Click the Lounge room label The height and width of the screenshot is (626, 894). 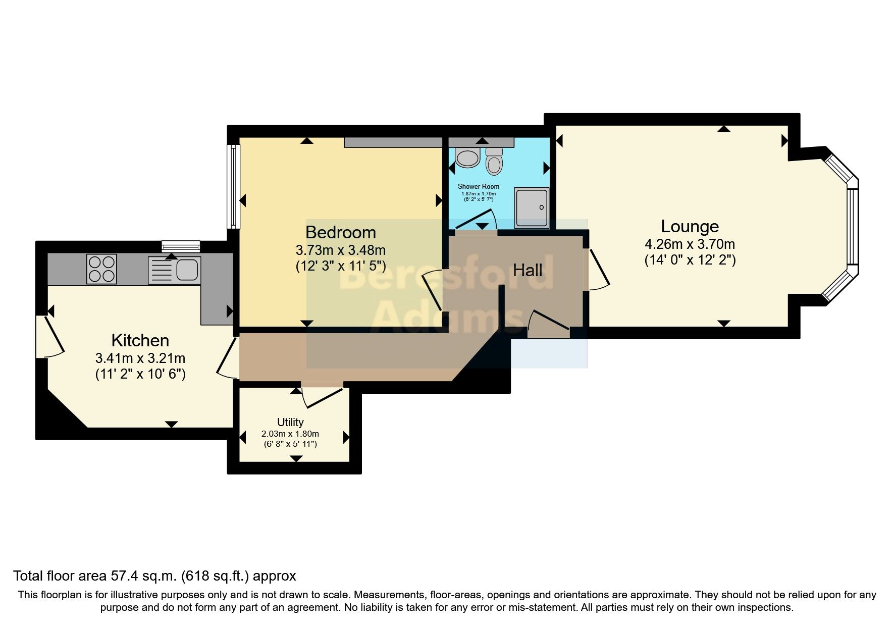click(x=690, y=226)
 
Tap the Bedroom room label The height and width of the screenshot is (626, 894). click(x=341, y=232)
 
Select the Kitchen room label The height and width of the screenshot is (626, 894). click(x=140, y=340)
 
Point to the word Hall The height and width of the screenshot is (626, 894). click(x=528, y=270)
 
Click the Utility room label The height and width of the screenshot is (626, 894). click(x=290, y=422)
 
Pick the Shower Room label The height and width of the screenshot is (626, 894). click(x=479, y=186)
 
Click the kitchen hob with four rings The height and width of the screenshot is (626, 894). click(x=101, y=269)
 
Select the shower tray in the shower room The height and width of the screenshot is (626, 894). click(x=531, y=208)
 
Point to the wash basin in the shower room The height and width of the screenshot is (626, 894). click(x=467, y=157)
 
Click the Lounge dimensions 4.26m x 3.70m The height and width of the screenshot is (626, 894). click(x=690, y=244)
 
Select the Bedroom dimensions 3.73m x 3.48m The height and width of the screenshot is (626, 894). click(x=341, y=250)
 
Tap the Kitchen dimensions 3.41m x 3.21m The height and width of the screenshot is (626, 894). click(x=140, y=358)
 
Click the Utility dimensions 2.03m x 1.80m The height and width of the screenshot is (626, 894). click(x=290, y=434)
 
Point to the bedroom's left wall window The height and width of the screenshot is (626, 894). click(x=233, y=186)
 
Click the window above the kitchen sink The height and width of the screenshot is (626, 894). click(x=181, y=247)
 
